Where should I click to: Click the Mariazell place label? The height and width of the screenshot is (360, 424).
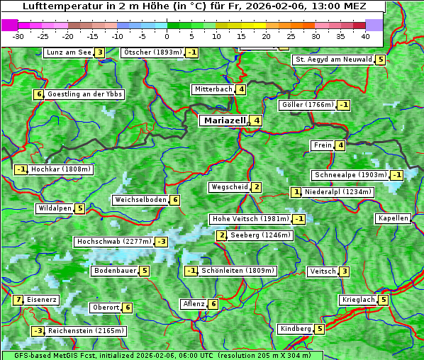pos(225,120)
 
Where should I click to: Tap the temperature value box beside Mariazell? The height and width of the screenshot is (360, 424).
pos(257,120)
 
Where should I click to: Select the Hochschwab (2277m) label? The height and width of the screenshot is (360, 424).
pos(114,242)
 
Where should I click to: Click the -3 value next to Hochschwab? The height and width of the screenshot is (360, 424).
pos(162,242)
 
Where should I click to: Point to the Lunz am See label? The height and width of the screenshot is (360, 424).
pos(68,52)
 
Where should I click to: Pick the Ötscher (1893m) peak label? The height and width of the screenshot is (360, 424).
pos(152,52)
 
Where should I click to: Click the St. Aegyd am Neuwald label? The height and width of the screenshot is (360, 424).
pos(333,60)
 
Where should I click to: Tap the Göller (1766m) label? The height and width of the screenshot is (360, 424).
pos(306,105)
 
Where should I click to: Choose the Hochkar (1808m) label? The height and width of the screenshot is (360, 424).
pos(61,169)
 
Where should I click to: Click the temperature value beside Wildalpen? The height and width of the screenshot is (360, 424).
pos(80,208)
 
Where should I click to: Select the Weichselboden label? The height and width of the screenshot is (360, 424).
pos(140,200)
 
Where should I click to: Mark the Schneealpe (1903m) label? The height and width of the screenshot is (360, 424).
pos(350,175)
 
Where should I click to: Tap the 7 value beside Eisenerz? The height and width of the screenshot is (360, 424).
pos(18,300)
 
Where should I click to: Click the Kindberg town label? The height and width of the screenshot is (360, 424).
pos(296,329)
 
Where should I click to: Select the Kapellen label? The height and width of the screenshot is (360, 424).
pos(393,218)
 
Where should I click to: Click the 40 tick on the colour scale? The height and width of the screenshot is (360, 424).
pos(365,35)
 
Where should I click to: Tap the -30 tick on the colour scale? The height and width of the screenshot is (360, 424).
pos(18,35)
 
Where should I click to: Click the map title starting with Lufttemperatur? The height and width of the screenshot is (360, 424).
pos(193,6)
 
